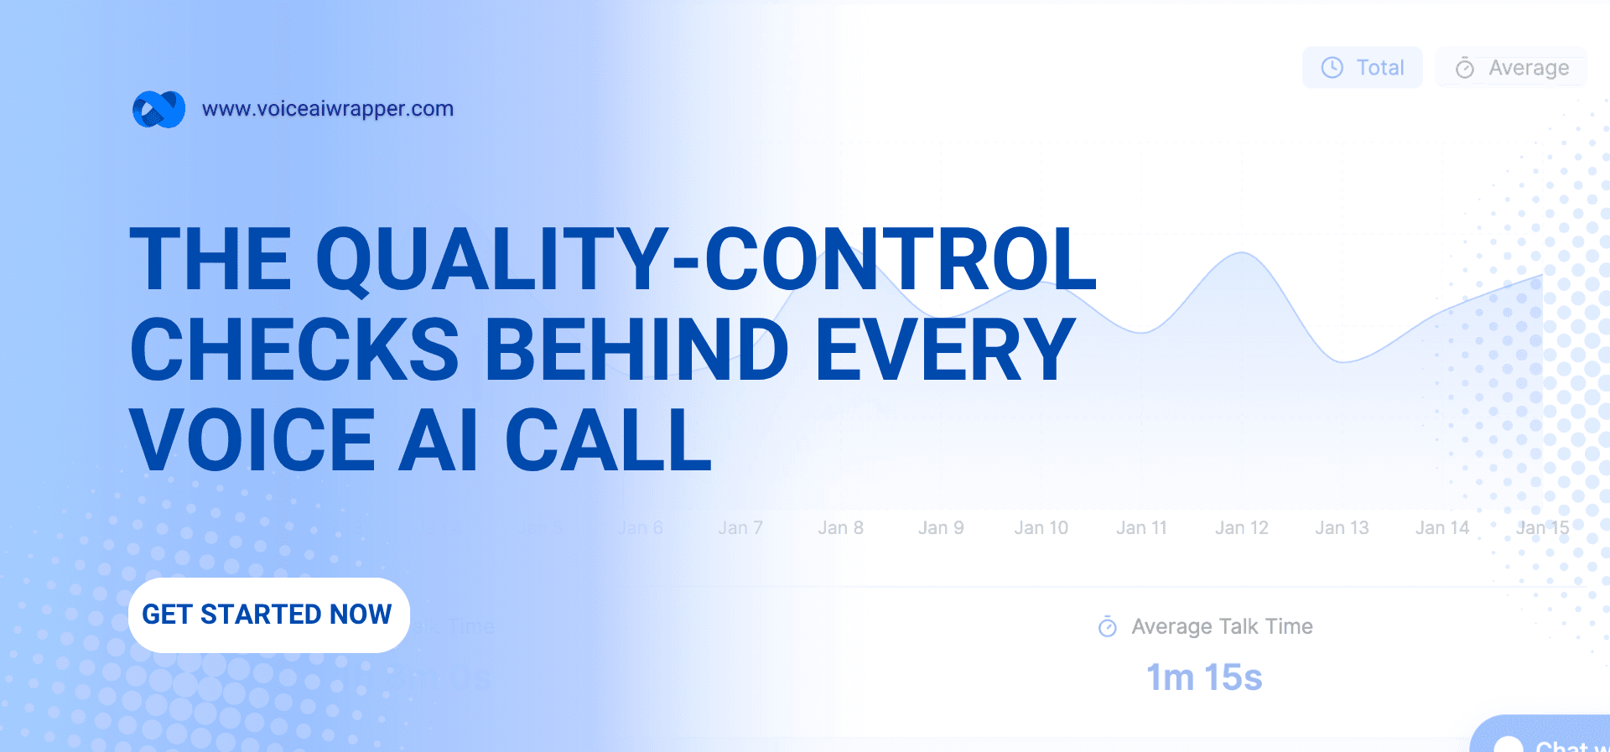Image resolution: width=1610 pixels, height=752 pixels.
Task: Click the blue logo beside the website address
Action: [x=158, y=109]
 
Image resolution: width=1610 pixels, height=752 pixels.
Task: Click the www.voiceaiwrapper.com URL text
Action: [x=327, y=109]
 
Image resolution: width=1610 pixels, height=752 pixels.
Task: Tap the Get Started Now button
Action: [x=268, y=615]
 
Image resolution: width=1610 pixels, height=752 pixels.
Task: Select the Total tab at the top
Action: [x=1363, y=68]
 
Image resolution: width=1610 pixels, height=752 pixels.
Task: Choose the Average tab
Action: [x=1511, y=68]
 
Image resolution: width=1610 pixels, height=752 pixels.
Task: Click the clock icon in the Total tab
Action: [x=1332, y=68]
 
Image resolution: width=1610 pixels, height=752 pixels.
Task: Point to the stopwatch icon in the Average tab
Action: [x=1465, y=68]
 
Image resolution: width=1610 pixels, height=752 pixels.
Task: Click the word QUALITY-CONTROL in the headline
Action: [x=706, y=259]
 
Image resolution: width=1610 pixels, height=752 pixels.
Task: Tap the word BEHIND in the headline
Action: [x=636, y=350]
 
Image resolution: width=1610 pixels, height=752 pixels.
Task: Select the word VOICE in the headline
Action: [x=252, y=440]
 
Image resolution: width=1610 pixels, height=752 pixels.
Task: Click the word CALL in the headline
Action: [x=608, y=440]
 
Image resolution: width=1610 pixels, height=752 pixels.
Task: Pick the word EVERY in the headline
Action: [x=945, y=350]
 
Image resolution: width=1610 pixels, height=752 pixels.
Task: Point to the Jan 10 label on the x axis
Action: [x=1041, y=528]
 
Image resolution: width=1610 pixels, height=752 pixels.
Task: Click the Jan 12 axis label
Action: [x=1241, y=528]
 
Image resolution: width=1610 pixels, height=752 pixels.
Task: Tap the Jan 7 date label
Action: [x=740, y=528]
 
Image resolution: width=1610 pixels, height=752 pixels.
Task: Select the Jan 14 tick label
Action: [x=1442, y=528]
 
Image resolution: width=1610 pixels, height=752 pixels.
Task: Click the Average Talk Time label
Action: [x=1222, y=626]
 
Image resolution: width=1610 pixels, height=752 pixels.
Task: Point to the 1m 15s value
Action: [x=1204, y=677]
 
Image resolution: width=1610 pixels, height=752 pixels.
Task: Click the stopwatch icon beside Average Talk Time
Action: [x=1108, y=626]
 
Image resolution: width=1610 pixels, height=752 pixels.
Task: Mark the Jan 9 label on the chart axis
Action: [x=941, y=528]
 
